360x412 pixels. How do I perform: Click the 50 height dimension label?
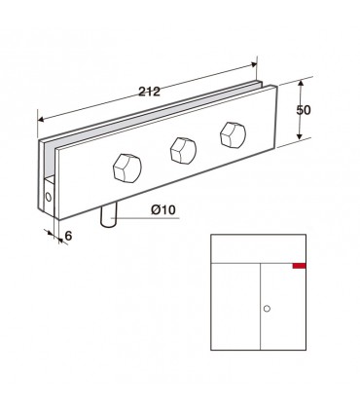click(303, 110)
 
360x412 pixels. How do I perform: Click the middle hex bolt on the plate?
click(182, 149)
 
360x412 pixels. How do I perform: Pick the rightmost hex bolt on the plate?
click(233, 132)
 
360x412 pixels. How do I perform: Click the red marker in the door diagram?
click(298, 264)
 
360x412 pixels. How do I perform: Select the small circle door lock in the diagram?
click(269, 309)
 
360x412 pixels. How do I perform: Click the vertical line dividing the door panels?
click(258, 312)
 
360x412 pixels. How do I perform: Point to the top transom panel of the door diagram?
click(258, 248)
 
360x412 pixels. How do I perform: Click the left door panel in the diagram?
click(234, 307)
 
